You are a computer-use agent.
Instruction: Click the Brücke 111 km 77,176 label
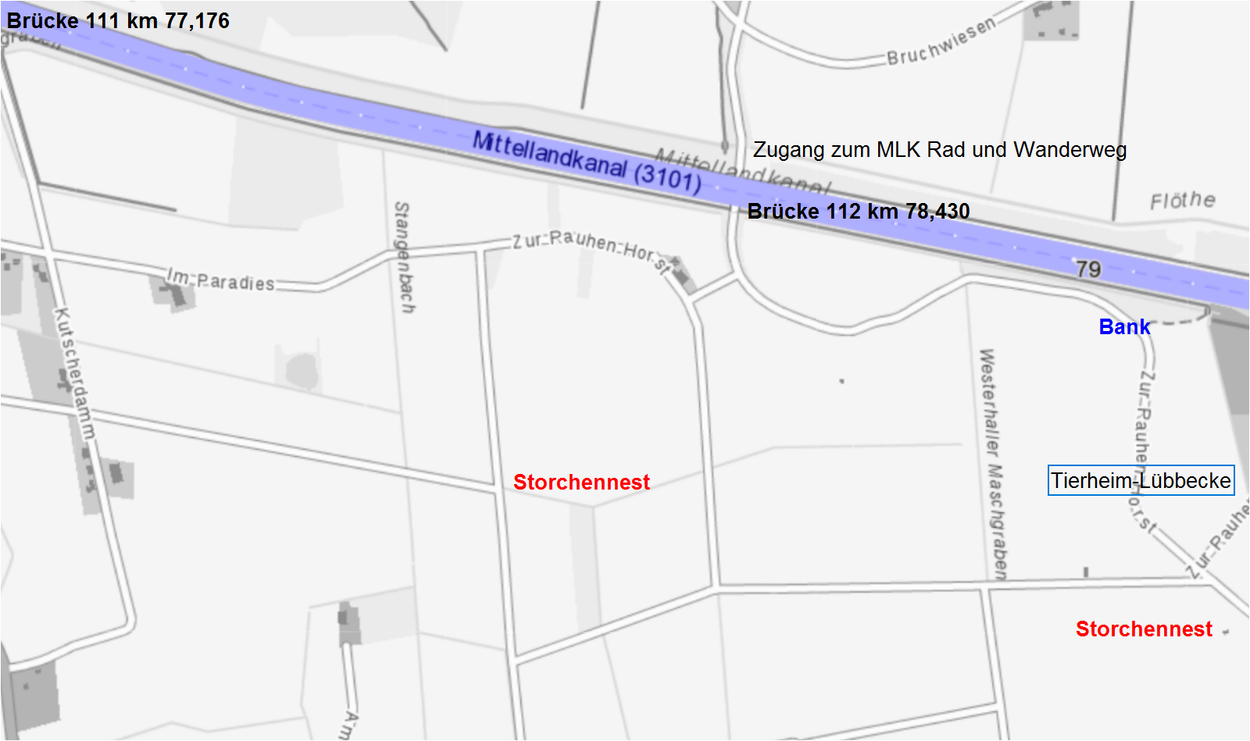click(118, 20)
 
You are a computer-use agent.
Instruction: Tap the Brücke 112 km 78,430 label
click(858, 212)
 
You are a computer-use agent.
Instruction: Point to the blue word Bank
click(1124, 327)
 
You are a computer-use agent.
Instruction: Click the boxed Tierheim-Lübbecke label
click(1141, 480)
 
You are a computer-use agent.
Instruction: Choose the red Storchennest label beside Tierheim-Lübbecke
click(1144, 629)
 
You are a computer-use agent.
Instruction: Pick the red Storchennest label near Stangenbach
click(581, 483)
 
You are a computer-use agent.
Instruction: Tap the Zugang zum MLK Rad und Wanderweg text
click(939, 150)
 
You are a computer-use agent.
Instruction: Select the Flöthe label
click(1182, 201)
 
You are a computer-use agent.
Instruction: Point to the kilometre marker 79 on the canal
click(1088, 269)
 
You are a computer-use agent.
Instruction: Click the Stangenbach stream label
click(403, 258)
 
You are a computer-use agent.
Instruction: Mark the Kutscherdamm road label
click(75, 372)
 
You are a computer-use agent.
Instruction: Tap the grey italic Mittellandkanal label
click(742, 169)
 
